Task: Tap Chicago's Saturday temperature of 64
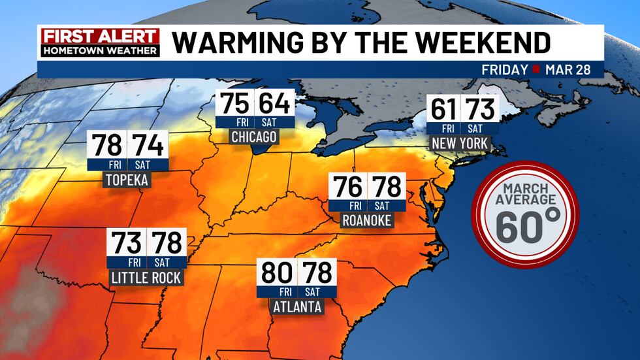tap(273, 105)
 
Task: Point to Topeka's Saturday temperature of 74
tap(148, 144)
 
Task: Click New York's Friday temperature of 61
tap(443, 108)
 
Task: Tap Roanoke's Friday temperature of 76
tap(347, 188)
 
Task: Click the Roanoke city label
tap(366, 221)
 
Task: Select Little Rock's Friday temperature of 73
tap(127, 242)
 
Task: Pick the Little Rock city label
tap(146, 278)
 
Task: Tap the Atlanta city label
tap(296, 306)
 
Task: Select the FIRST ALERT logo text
tap(99, 37)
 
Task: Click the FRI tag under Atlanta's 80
tap(278, 291)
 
